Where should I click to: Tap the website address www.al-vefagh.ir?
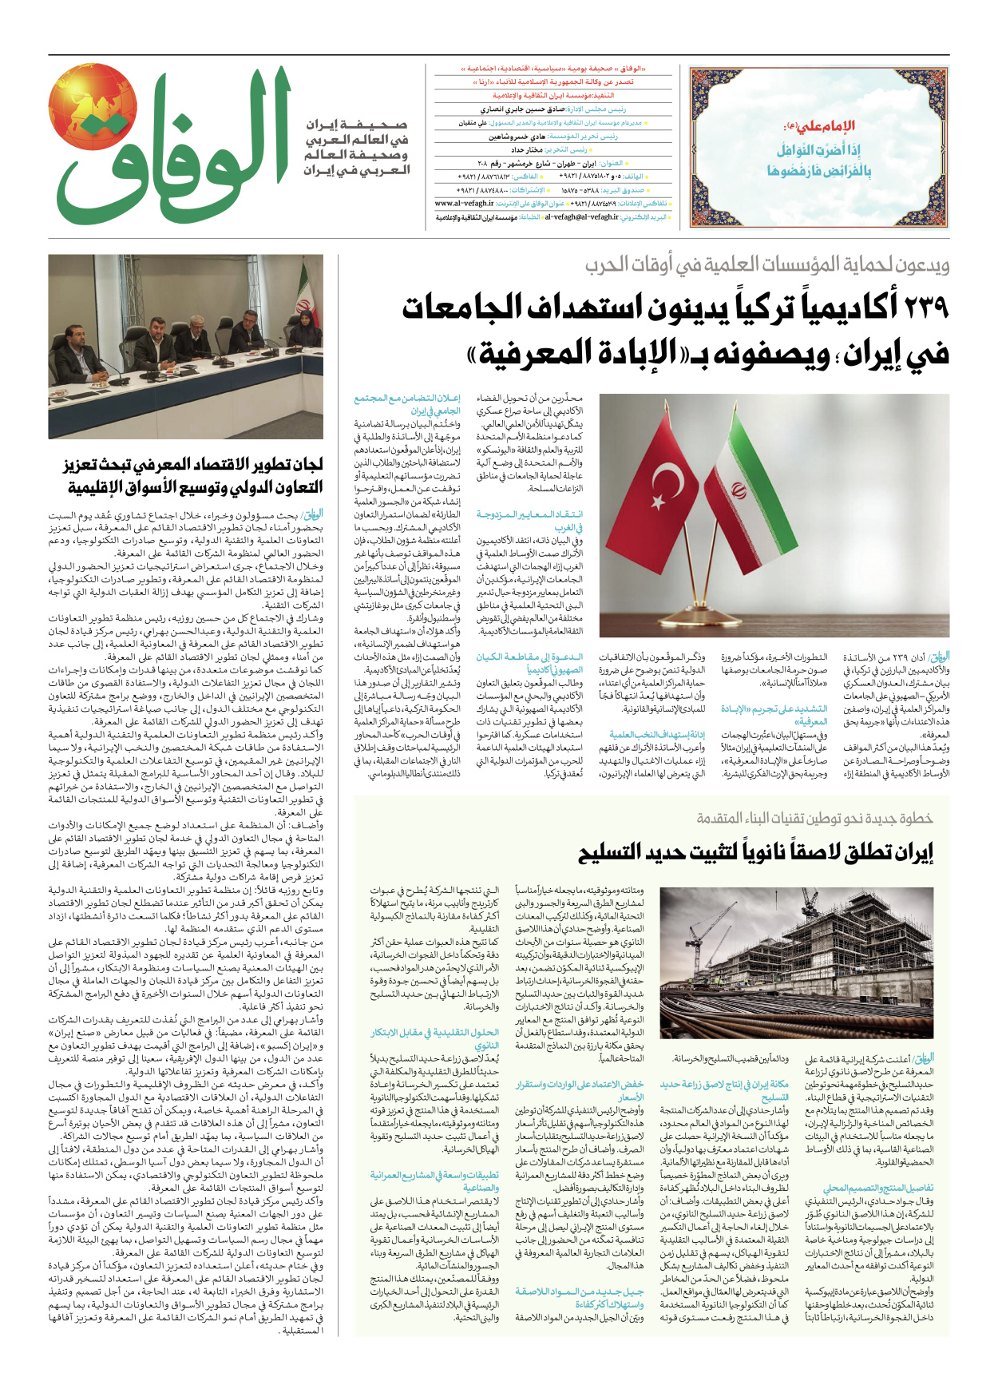pos(462,204)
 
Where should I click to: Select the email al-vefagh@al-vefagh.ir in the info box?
pos(581,216)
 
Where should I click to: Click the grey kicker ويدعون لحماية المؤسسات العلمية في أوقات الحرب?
pos(766,265)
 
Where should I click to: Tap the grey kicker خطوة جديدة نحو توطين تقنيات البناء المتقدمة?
pos(814,818)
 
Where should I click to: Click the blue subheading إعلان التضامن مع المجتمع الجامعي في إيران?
pos(407,403)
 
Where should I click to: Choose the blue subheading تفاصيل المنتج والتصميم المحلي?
pos(877,1188)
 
